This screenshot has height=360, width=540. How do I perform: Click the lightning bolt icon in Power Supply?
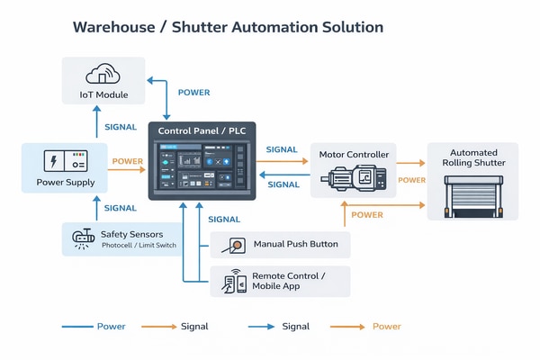tap(53, 162)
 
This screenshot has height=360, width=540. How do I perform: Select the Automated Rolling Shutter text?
tap(472, 157)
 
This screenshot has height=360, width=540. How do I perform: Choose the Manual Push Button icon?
tap(237, 244)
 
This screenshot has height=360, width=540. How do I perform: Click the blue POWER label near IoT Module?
tap(194, 93)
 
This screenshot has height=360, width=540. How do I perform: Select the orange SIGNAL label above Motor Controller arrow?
tap(283, 149)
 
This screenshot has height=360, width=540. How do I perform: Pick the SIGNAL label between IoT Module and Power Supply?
tap(121, 128)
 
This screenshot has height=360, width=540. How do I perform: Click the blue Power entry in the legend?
tap(111, 326)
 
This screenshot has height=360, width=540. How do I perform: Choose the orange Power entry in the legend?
tap(387, 326)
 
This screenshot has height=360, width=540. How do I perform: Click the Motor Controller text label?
tap(355, 155)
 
